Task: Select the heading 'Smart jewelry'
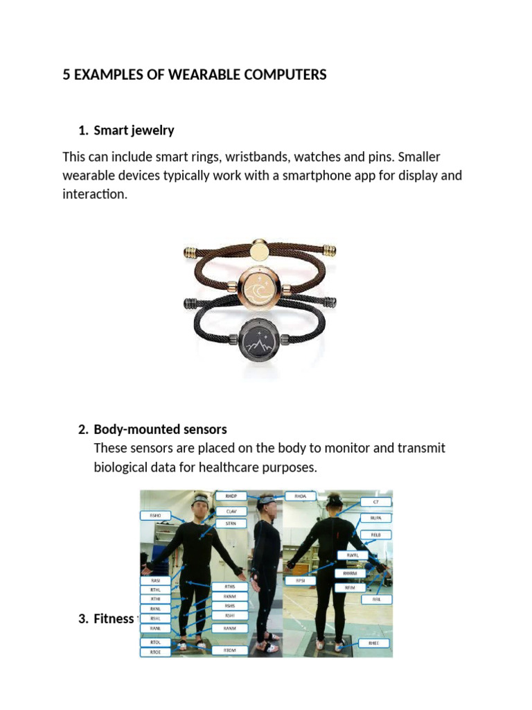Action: click(134, 130)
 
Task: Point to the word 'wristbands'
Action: click(258, 156)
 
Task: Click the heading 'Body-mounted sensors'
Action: click(160, 429)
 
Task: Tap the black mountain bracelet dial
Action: click(260, 340)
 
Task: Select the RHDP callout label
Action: click(231, 496)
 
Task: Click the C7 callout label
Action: click(376, 501)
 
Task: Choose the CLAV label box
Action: click(231, 511)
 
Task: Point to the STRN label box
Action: click(231, 523)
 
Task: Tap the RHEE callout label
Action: click(374, 643)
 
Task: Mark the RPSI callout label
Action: click(300, 580)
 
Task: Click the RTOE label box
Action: click(155, 652)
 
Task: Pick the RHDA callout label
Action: click(300, 496)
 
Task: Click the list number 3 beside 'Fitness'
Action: click(84, 618)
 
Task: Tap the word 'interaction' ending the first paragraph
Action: click(94, 195)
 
